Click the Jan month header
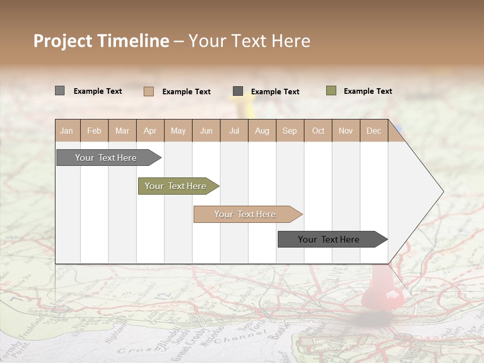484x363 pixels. (x=67, y=131)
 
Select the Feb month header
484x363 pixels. (x=94, y=131)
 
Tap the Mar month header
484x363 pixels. (x=122, y=131)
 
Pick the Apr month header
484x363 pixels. (x=150, y=131)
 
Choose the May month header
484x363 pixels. (x=178, y=131)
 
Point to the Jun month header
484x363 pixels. (x=206, y=131)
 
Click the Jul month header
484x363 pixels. (x=234, y=131)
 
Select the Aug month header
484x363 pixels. (x=262, y=131)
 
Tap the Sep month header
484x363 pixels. (x=290, y=131)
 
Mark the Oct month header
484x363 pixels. (x=318, y=131)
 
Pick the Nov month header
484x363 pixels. (x=346, y=131)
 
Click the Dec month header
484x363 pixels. (x=374, y=131)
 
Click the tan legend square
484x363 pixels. (x=148, y=91)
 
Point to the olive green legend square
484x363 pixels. (x=331, y=91)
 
